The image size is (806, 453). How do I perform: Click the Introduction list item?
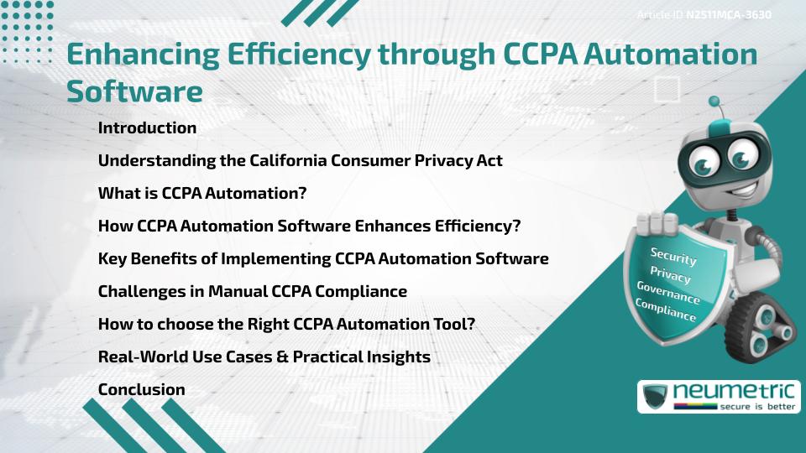point(147,128)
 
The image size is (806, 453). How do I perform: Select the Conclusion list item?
point(141,389)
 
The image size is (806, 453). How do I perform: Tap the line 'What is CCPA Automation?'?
point(201,193)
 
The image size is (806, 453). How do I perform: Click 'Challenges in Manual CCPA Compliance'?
point(252,291)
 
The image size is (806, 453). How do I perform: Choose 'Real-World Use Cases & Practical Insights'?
point(264,357)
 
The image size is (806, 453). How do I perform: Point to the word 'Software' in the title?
point(134,91)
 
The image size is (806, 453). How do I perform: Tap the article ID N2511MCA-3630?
point(728,15)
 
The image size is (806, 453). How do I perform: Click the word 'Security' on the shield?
point(673,256)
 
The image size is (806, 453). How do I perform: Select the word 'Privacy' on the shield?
point(670,274)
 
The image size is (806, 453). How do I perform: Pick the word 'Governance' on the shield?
point(667,293)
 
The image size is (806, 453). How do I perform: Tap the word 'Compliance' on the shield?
point(665,310)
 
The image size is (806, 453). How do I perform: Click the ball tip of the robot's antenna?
point(714,102)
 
